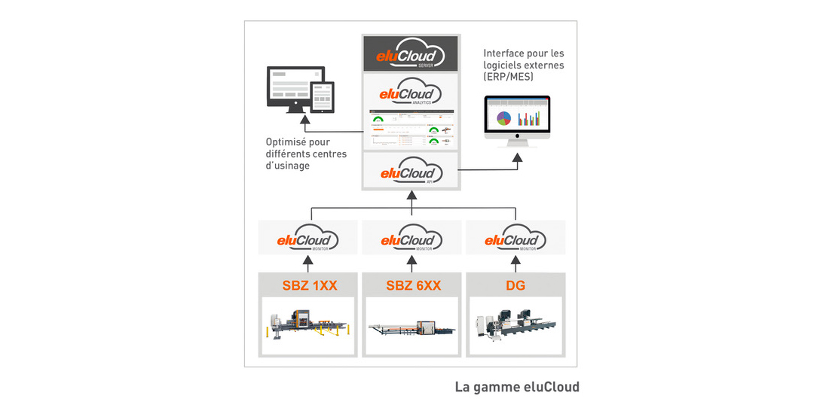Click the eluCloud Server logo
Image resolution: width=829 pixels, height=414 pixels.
pos(411,53)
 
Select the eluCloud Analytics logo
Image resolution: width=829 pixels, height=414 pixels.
pos(411,92)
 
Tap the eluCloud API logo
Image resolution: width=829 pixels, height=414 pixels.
pos(411,171)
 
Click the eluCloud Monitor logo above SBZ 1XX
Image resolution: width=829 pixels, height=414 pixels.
pos(307,239)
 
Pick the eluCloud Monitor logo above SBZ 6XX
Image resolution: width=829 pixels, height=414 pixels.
pos(411,239)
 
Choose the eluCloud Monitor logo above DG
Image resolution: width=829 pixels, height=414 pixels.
pos(515,239)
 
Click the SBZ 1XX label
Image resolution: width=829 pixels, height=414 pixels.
pos(308,285)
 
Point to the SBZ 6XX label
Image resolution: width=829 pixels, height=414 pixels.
pos(411,285)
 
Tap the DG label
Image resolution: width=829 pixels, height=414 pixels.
pos(515,285)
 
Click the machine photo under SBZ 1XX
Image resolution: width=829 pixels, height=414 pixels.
pos(307,327)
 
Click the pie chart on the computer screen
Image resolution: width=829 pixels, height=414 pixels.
pos(505,118)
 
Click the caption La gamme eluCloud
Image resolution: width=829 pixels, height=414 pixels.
pos(517,387)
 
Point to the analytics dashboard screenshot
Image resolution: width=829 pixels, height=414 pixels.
pos(411,129)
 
